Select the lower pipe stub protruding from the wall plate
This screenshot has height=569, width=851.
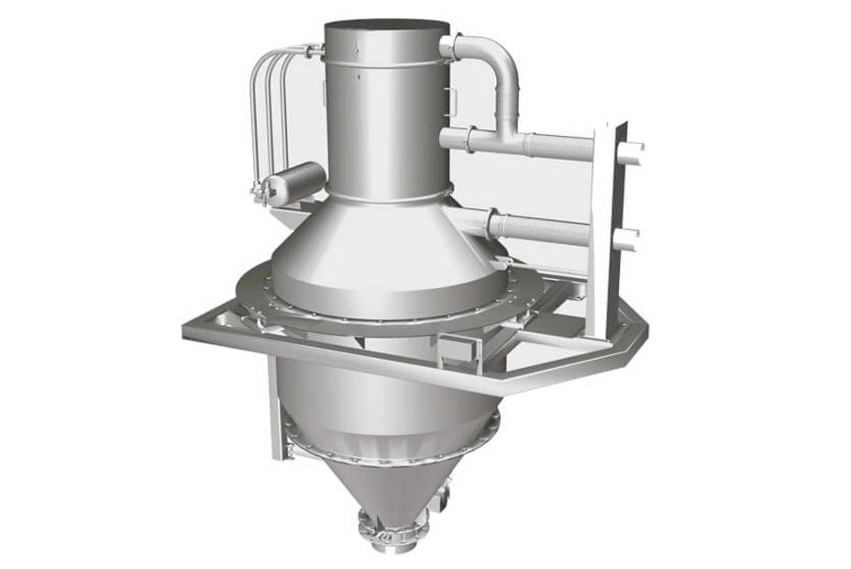[629, 241]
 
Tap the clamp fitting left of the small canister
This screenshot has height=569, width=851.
[261, 191]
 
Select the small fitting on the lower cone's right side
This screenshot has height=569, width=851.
[448, 496]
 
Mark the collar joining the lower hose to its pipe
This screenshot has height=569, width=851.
[496, 223]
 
